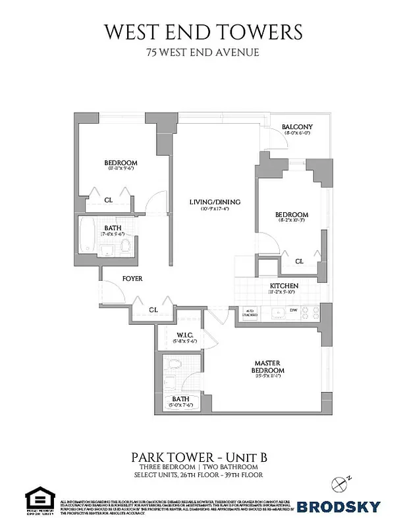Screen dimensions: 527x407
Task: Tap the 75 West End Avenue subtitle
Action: (203, 53)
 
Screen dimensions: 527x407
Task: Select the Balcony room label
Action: (297, 127)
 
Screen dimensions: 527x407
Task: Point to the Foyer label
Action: (132, 279)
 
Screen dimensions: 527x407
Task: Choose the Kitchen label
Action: (284, 285)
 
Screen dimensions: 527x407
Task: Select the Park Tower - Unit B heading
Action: (203, 456)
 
